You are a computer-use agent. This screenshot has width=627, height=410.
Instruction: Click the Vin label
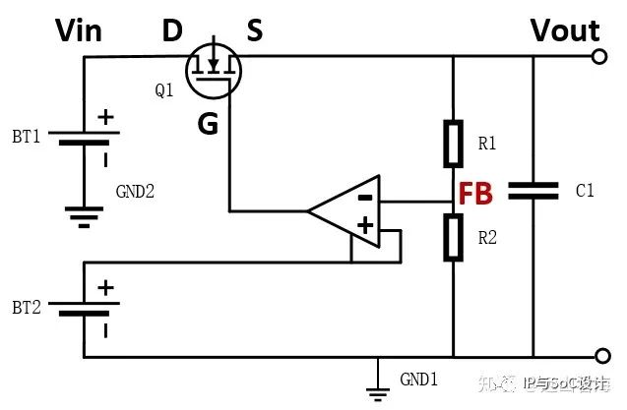point(79,30)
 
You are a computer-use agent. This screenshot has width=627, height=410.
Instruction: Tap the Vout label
point(565,30)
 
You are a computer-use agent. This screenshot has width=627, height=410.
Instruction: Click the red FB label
point(475,194)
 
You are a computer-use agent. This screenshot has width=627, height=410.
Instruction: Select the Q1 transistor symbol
point(214,71)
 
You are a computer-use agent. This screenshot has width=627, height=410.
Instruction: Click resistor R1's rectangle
point(454,144)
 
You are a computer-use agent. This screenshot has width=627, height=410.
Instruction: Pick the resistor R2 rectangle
point(454,237)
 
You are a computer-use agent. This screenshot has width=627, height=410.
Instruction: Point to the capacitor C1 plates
point(533,191)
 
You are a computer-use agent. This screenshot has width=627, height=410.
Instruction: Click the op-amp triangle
point(345,211)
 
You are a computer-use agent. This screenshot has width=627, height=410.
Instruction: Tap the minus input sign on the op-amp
point(365,197)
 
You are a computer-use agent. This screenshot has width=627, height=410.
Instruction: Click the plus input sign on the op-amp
point(365,225)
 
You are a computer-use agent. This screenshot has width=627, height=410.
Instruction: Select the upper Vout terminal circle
point(599,56)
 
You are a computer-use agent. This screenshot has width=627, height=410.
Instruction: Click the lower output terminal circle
point(602,356)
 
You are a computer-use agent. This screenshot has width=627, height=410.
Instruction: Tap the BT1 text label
point(27,137)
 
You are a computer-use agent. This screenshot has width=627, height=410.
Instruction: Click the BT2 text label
point(27,308)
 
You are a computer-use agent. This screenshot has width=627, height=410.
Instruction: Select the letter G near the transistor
point(208,123)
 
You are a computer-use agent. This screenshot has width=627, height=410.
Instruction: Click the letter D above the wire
point(172,30)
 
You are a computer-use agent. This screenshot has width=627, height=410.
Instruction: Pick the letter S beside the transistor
point(255,30)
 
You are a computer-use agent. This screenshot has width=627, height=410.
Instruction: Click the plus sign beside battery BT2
point(105,288)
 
